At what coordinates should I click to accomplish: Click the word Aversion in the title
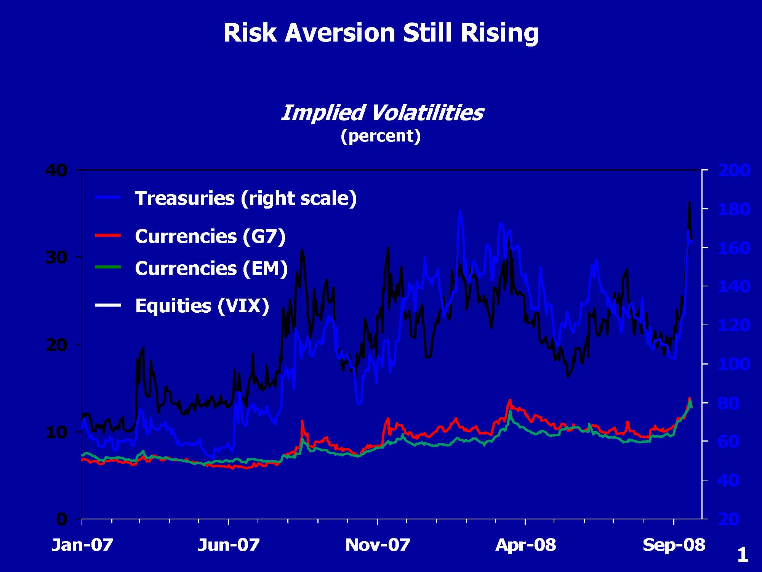coord(340,33)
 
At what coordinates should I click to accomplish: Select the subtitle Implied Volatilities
coord(382,113)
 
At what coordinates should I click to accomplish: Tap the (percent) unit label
coord(381,136)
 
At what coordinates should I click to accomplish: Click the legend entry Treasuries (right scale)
coord(246,198)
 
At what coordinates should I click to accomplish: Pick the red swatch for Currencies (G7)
coord(108,235)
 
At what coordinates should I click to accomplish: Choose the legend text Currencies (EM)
coord(211,268)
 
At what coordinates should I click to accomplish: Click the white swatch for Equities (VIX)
coord(108,305)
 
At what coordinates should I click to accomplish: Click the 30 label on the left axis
coord(56,258)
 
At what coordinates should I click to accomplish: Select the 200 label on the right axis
coord(734,170)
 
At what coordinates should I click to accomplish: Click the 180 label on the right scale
coord(734,209)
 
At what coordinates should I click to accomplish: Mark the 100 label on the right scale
coord(734,364)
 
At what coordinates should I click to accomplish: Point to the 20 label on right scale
coord(728,519)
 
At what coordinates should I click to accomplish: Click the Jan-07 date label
coord(82,545)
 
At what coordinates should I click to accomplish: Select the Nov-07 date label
coord(378,545)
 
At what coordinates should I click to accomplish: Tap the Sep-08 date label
coord(674,545)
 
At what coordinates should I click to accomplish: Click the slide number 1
coord(743,555)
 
